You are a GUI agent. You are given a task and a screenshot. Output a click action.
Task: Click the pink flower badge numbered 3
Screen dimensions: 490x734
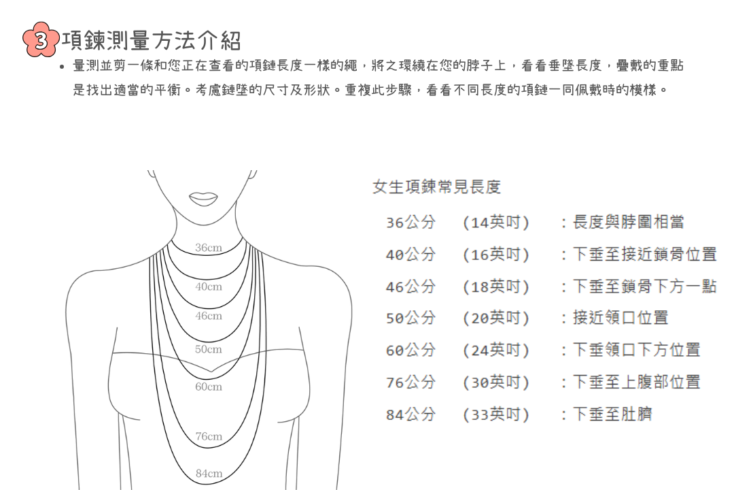pos(41,40)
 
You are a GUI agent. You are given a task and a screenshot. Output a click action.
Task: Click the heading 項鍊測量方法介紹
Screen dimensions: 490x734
pos(152,41)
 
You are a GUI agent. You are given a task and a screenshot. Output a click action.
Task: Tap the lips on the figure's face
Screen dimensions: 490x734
pos(203,198)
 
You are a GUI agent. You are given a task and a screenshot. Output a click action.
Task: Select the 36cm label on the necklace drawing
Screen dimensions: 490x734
pos(209,248)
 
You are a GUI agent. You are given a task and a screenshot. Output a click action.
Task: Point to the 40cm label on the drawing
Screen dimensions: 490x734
pos(209,287)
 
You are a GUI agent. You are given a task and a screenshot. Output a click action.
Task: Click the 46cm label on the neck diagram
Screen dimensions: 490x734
pos(209,316)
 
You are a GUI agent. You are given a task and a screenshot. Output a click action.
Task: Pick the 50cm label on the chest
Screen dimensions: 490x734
pos(209,349)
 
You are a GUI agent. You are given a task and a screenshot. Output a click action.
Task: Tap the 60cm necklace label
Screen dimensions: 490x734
pos(209,387)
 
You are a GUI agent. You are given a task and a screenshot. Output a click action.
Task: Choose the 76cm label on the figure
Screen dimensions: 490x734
pos(209,436)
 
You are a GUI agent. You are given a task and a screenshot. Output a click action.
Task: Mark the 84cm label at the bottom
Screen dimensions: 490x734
pos(209,473)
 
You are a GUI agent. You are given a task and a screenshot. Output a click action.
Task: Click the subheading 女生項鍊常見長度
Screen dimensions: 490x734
pos(436,187)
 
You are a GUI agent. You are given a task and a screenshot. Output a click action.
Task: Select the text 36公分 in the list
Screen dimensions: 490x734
pos(410,223)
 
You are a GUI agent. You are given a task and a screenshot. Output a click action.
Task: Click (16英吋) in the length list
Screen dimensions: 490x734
pos(495,255)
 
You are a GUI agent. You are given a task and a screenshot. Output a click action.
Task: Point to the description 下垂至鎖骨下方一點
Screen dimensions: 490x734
pos(644,287)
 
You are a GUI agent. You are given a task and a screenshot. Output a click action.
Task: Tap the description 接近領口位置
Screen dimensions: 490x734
pos(621,318)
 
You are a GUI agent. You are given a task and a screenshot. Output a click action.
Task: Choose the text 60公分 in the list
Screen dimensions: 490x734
pos(410,350)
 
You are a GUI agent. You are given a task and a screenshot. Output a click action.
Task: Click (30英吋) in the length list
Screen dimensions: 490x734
pos(495,382)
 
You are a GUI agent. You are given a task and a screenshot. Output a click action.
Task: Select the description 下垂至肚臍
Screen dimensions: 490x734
pos(612,414)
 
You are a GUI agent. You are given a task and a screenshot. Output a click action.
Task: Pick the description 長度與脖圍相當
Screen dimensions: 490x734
pos(629,223)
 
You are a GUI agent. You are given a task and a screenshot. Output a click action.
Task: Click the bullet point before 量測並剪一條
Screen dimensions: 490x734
pos(62,67)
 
